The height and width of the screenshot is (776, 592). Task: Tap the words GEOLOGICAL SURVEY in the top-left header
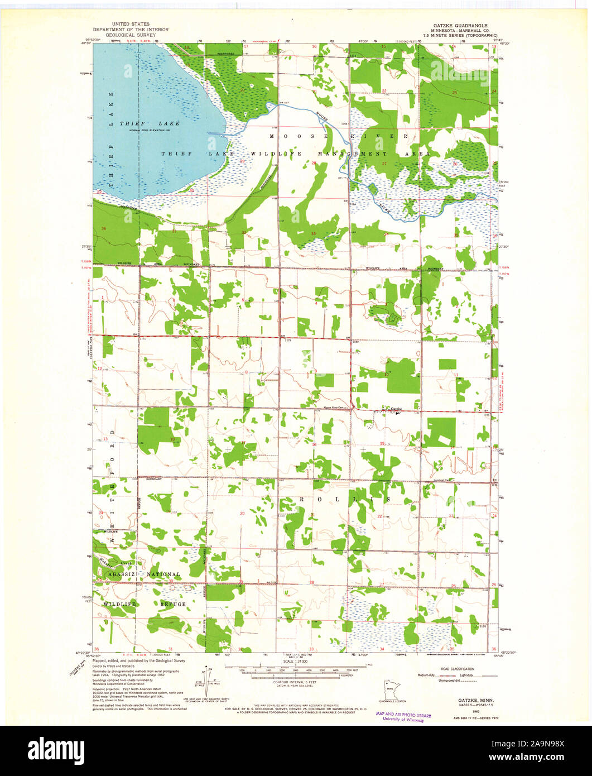pyautogui.click(x=131, y=35)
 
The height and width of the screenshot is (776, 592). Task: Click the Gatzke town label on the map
pyautogui.click(x=396, y=409)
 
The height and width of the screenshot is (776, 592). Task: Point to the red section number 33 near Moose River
pyautogui.click(x=314, y=234)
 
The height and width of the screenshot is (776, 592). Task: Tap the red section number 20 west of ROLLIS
pyautogui.click(x=242, y=513)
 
